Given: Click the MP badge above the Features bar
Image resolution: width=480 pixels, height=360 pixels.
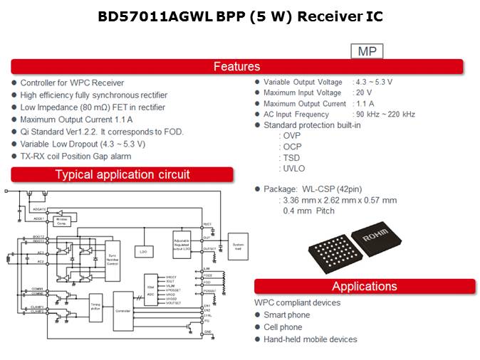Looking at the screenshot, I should click(367, 51).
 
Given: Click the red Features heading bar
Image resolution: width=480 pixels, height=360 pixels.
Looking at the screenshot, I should click(237, 67).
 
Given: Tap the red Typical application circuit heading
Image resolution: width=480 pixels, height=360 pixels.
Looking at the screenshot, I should click(122, 174).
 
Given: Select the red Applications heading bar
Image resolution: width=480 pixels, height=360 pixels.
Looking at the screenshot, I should click(364, 287).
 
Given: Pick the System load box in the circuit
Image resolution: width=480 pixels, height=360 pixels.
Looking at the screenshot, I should click(238, 245).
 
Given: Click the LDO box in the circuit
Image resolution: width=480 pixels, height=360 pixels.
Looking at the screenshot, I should click(143, 251).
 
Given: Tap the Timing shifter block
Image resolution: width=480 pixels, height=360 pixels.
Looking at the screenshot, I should click(95, 307).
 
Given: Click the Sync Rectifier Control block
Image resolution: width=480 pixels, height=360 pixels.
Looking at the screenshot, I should click(112, 255).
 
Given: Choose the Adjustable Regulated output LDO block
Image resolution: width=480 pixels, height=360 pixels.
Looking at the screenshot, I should click(181, 245).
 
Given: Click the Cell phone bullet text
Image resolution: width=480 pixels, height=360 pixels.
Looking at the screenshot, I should click(283, 327).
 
